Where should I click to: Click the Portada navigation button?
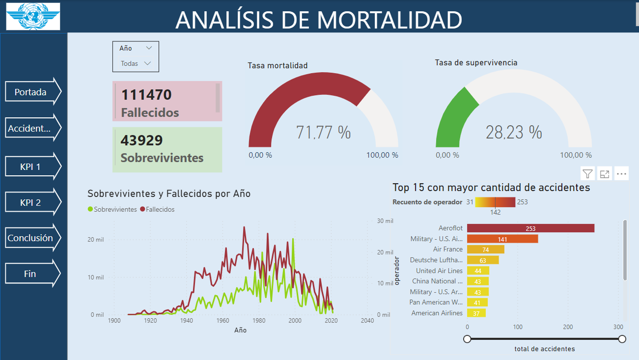(30, 92)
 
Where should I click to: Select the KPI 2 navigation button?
(30, 202)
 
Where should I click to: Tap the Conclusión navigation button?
(30, 238)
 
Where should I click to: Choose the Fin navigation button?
(30, 274)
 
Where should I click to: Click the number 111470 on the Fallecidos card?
(146, 95)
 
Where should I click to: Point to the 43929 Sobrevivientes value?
(141, 140)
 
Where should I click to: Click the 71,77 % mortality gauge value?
(323, 133)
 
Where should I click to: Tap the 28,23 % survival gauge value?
(514, 133)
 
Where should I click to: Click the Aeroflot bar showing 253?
(530, 228)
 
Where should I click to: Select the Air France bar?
(485, 249)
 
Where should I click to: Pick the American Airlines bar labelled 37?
(476, 313)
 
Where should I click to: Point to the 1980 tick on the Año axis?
(258, 321)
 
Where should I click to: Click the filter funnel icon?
(587, 173)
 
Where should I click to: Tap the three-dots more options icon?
(621, 173)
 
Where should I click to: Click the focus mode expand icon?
(605, 173)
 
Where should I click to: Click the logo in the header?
(33, 16)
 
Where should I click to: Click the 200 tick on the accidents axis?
(568, 327)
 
